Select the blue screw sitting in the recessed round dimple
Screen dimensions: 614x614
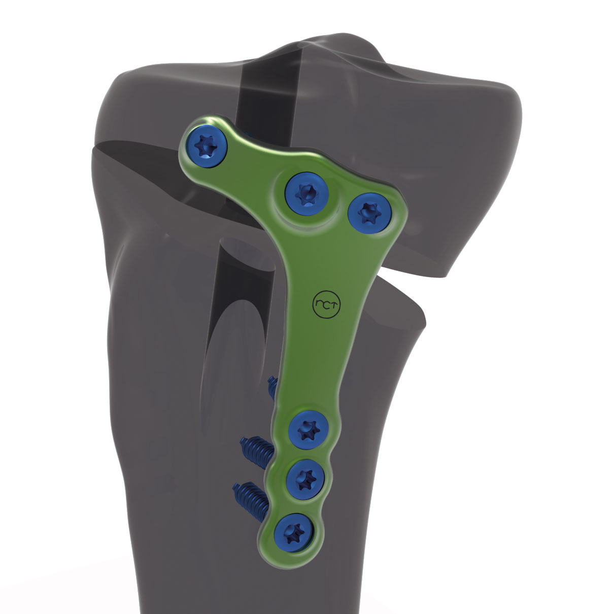click(x=306, y=192)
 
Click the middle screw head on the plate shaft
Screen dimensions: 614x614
click(x=305, y=478)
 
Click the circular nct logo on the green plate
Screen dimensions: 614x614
click(x=325, y=303)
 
